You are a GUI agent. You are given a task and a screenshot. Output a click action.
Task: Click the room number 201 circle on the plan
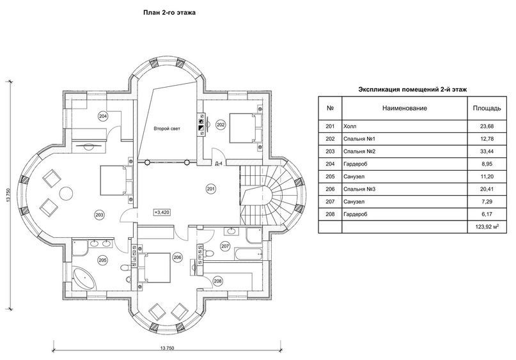tap(211, 189)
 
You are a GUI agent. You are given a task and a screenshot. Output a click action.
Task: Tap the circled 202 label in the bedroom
tap(221, 125)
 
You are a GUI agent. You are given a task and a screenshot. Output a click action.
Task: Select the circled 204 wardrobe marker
tap(104, 116)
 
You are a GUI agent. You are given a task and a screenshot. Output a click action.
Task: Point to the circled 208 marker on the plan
tap(217, 281)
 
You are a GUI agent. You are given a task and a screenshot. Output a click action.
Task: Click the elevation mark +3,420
tap(162, 212)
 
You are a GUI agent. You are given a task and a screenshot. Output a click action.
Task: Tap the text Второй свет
tap(167, 129)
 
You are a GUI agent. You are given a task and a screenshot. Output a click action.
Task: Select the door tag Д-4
tap(218, 164)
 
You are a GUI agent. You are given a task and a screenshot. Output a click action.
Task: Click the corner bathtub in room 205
tap(84, 279)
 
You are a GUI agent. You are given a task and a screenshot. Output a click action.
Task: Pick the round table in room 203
tap(65, 193)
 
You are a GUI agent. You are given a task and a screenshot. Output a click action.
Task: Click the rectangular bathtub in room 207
tap(248, 254)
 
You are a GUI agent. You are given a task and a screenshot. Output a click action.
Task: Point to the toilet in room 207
tap(208, 253)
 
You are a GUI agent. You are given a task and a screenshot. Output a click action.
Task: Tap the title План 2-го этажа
tap(169, 13)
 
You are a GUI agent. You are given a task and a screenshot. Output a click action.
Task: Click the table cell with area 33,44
tap(487, 152)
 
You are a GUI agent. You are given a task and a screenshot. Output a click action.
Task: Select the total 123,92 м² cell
tap(487, 227)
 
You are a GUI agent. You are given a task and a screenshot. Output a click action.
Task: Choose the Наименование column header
tap(405, 108)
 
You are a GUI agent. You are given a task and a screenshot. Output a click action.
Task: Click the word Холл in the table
tap(350, 127)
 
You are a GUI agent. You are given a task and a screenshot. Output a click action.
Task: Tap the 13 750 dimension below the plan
tap(167, 348)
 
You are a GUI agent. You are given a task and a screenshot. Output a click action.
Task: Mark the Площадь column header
tap(487, 108)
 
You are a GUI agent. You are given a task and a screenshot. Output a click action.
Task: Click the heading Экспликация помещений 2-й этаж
tap(412, 90)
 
